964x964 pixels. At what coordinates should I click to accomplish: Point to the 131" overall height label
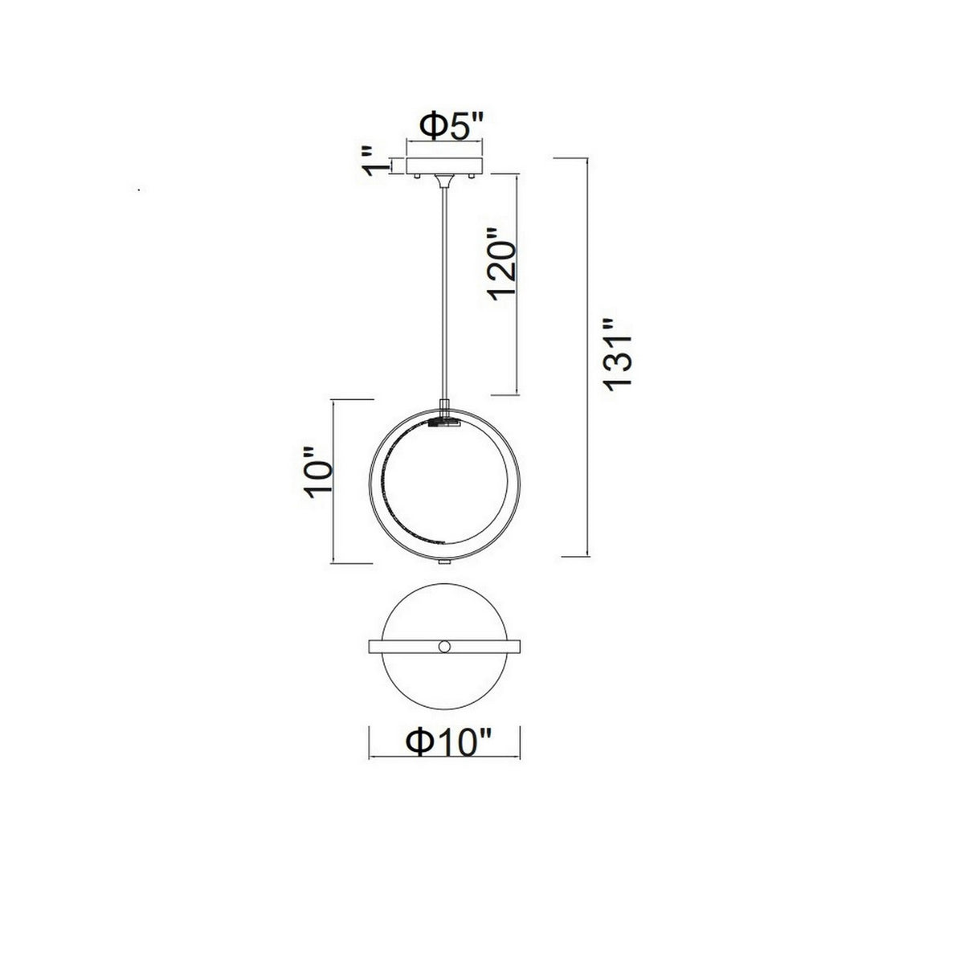tap(620, 354)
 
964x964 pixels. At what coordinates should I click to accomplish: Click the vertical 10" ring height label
tap(316, 480)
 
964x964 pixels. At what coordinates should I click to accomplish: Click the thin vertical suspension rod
tap(443, 289)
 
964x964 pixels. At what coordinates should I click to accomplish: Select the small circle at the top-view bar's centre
tap(444, 647)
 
